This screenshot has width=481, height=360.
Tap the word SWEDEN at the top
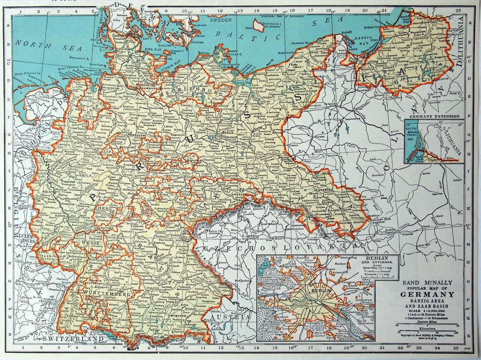coord(221,20)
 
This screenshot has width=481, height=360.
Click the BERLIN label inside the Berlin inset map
coord(318,290)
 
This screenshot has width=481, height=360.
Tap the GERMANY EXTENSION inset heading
coord(432,116)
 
